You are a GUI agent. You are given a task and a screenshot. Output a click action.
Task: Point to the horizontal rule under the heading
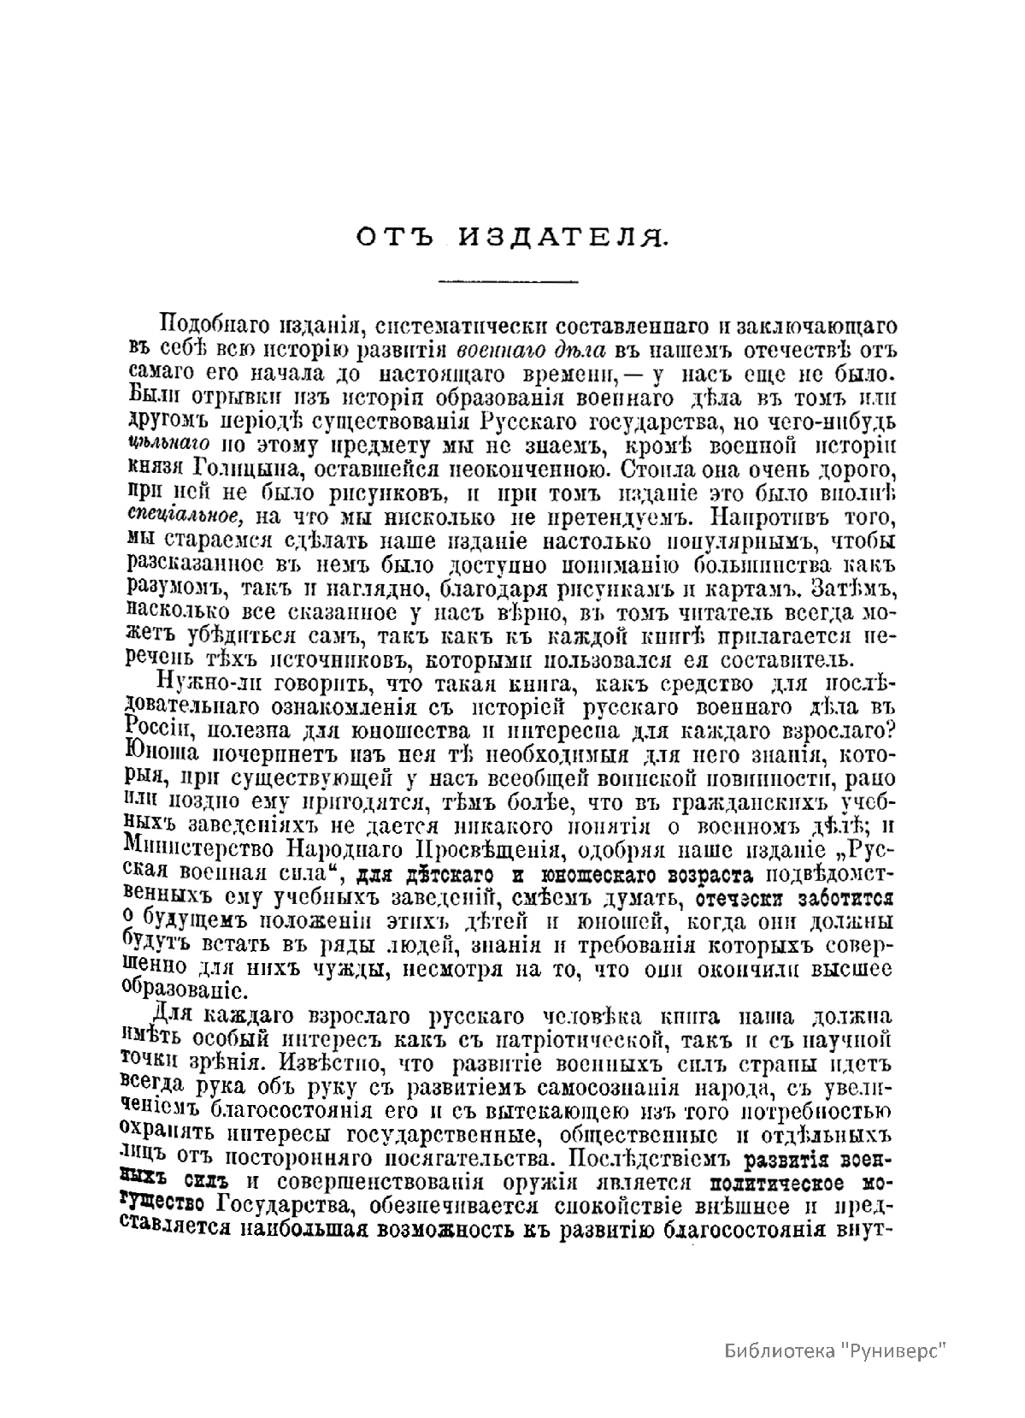(x=508, y=281)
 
